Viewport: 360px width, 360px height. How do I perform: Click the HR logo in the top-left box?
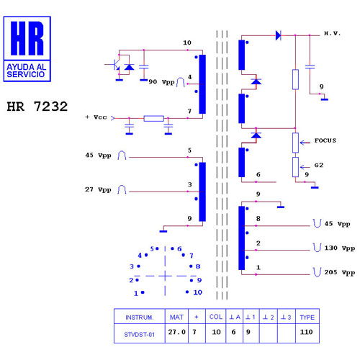point(27,38)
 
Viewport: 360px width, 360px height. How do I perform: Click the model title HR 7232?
point(37,107)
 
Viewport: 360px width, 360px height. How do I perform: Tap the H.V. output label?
point(333,33)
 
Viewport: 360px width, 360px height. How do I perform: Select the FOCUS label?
point(325,140)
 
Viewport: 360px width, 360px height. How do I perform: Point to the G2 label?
point(319,165)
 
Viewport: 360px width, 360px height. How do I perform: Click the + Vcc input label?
point(96,117)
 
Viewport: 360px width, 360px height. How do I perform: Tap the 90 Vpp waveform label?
point(161,82)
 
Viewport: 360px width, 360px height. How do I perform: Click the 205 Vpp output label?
point(340,272)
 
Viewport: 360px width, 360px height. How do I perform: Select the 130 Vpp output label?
point(340,248)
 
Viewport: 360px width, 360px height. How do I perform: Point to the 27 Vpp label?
point(98,189)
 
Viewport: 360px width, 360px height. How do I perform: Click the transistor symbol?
point(115,65)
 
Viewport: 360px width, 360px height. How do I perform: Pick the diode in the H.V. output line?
point(279,35)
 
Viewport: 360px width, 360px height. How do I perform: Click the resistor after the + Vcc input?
point(154,118)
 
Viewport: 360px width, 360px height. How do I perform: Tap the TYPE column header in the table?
point(307,318)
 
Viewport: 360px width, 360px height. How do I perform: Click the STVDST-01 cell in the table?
point(140,335)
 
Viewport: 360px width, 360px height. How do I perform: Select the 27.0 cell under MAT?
point(177,332)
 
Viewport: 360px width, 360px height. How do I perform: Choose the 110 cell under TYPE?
point(307,332)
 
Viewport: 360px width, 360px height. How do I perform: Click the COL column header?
point(216,317)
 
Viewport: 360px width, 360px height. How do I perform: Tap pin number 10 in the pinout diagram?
point(197,292)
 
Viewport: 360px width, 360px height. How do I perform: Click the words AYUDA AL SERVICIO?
point(27,71)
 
